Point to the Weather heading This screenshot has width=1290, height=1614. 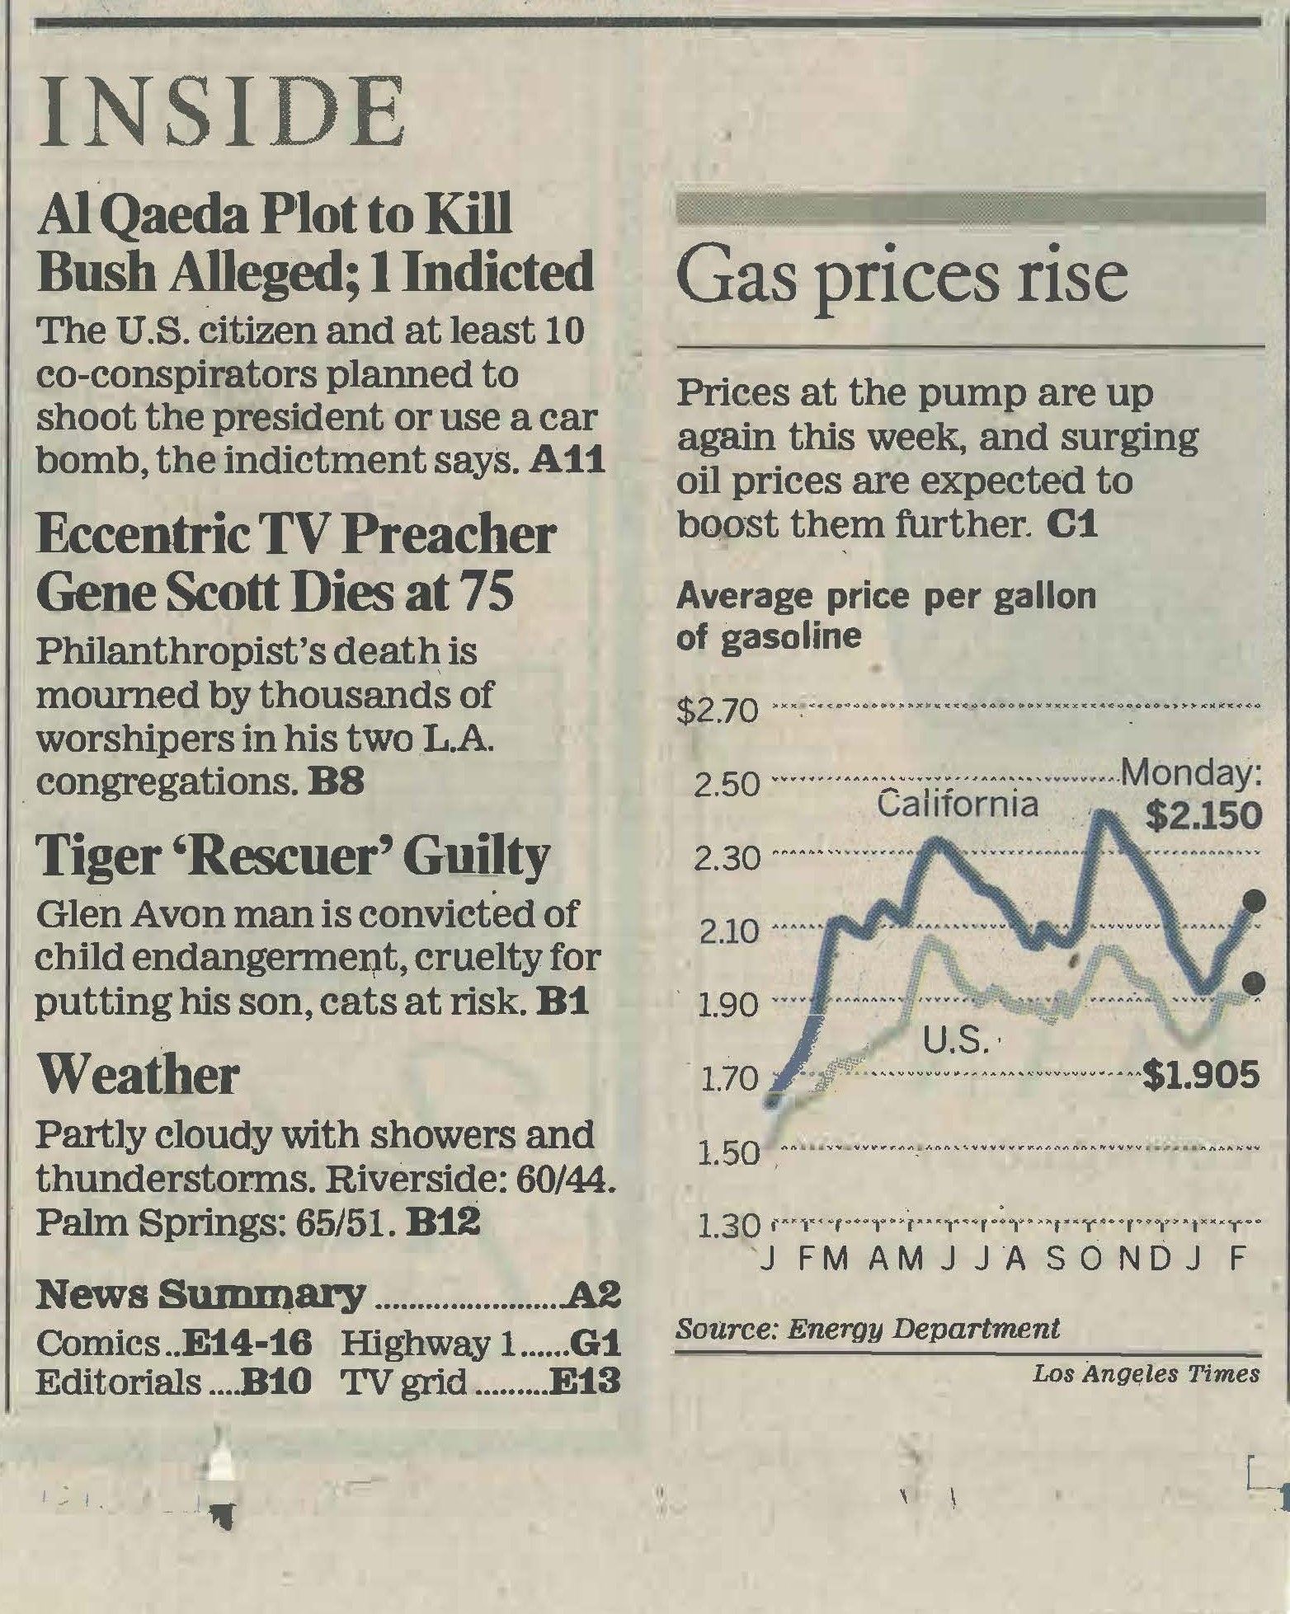[138, 1075]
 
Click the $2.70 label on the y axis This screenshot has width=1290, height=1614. [717, 711]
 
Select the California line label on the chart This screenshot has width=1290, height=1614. [957, 803]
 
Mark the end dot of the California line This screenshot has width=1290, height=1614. [1254, 900]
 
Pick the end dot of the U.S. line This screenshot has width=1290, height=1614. [1254, 981]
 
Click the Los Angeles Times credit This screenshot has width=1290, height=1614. [1146, 1374]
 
